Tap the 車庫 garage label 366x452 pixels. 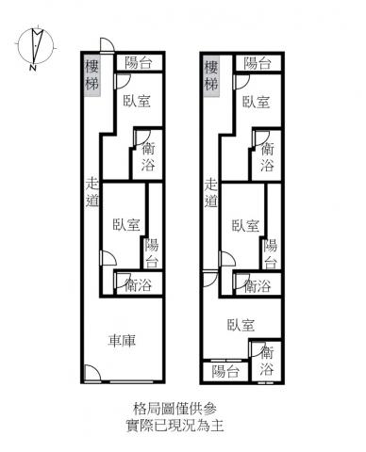pos(122,340)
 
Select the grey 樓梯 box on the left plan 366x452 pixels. pos(92,75)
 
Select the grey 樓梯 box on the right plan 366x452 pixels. pos(211,75)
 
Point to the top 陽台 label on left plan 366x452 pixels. pos(139,63)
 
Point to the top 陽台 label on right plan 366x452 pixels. pos(258,63)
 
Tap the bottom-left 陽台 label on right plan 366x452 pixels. pos(225,371)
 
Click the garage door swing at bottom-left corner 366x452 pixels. pos(93,373)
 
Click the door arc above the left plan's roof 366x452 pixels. pos(108,44)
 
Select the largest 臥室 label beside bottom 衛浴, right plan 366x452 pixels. pos(241,325)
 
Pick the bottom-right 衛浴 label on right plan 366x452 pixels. pos(267,361)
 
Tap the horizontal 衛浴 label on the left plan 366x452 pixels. pos(139,285)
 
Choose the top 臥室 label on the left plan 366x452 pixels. pos(137,101)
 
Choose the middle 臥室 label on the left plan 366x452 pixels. pos(126,225)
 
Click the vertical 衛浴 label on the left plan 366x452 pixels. pos(148,156)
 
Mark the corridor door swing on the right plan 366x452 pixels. pos(211,280)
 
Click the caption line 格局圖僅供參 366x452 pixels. pos(175,409)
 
